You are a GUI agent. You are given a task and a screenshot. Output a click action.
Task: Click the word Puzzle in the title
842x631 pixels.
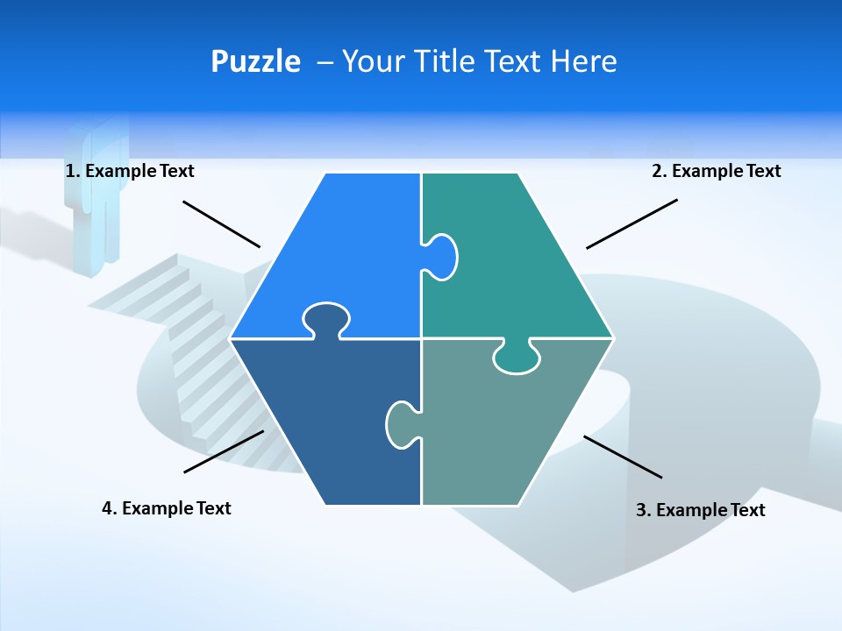pos(255,61)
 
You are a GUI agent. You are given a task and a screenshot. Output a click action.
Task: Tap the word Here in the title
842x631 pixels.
pos(583,61)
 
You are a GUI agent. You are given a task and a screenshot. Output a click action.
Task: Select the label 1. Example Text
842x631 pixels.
pos(130,171)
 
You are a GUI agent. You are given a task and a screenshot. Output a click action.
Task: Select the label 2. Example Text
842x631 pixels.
pos(716,171)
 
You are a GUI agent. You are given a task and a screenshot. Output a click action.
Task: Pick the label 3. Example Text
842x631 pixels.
pos(700,510)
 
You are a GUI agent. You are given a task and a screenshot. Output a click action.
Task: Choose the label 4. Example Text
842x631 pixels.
pos(167,508)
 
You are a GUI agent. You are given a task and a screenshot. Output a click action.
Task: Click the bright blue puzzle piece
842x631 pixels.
pos(333,245)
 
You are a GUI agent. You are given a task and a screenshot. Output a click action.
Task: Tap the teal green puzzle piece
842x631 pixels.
pos(517,263)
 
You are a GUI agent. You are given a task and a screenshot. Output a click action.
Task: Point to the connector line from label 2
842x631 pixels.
pos(631,223)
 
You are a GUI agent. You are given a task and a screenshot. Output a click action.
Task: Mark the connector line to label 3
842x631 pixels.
pos(623,457)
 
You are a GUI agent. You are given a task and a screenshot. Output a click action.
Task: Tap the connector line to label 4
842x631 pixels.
pos(224,451)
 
